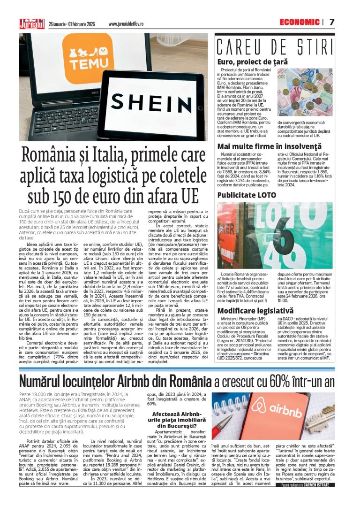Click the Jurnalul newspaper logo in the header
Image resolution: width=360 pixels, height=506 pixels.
[x=31, y=23]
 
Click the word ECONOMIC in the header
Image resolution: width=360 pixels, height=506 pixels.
[x=299, y=22]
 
